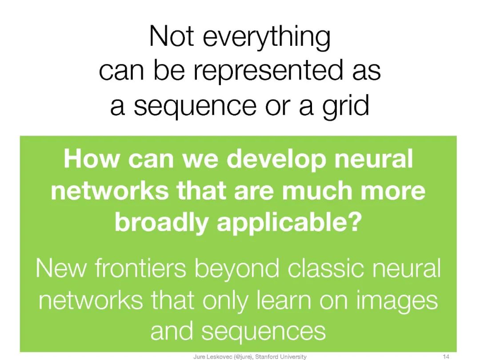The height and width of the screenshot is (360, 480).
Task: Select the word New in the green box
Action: pos(62,268)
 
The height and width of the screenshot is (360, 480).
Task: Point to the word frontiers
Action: pos(145,268)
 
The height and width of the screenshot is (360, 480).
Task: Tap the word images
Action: pos(400,301)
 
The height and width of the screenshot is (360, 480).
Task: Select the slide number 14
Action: pos(447,356)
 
